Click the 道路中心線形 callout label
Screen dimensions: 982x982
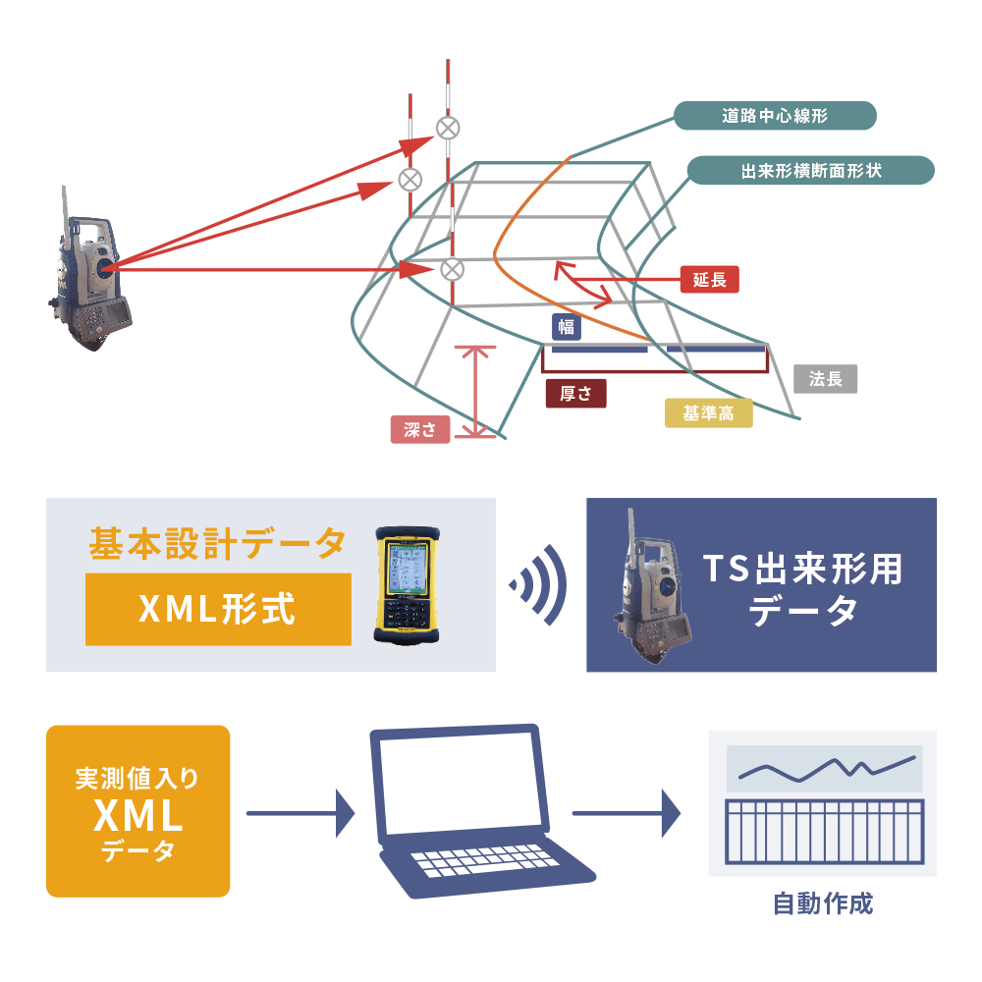[774, 116]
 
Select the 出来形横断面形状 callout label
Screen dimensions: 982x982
[810, 171]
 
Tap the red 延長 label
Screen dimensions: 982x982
[709, 279]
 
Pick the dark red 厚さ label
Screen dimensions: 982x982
[575, 394]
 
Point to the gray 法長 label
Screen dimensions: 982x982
[825, 379]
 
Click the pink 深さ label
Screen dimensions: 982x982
[420, 429]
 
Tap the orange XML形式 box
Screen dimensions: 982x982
[218, 610]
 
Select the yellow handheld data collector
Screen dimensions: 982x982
[405, 585]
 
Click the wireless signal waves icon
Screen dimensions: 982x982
[539, 585]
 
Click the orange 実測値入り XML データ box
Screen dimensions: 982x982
[138, 811]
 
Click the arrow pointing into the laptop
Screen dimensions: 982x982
[300, 813]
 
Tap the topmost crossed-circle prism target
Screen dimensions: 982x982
[448, 127]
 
